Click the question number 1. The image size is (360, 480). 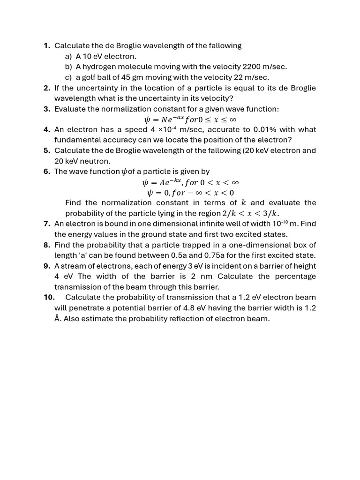tap(46, 46)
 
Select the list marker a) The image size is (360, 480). tap(68, 56)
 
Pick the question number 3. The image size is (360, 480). tap(46, 109)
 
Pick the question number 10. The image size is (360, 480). tap(49, 298)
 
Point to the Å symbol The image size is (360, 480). tap(57, 319)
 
